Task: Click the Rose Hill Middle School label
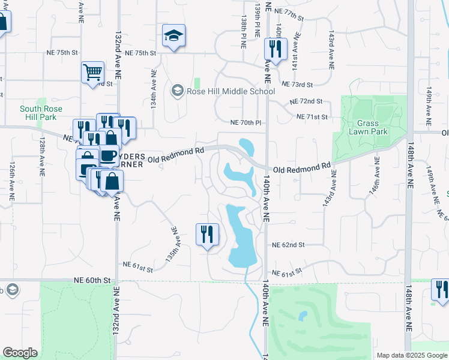(231, 91)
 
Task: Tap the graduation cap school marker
(173, 36)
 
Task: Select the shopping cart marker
(92, 73)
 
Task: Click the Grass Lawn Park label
(369, 127)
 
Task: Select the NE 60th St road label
(93, 280)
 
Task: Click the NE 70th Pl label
(246, 122)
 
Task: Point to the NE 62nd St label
(289, 245)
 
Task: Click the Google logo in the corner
(20, 353)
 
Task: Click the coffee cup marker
(108, 156)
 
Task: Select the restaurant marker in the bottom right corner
(440, 290)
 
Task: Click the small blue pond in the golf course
(303, 315)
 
